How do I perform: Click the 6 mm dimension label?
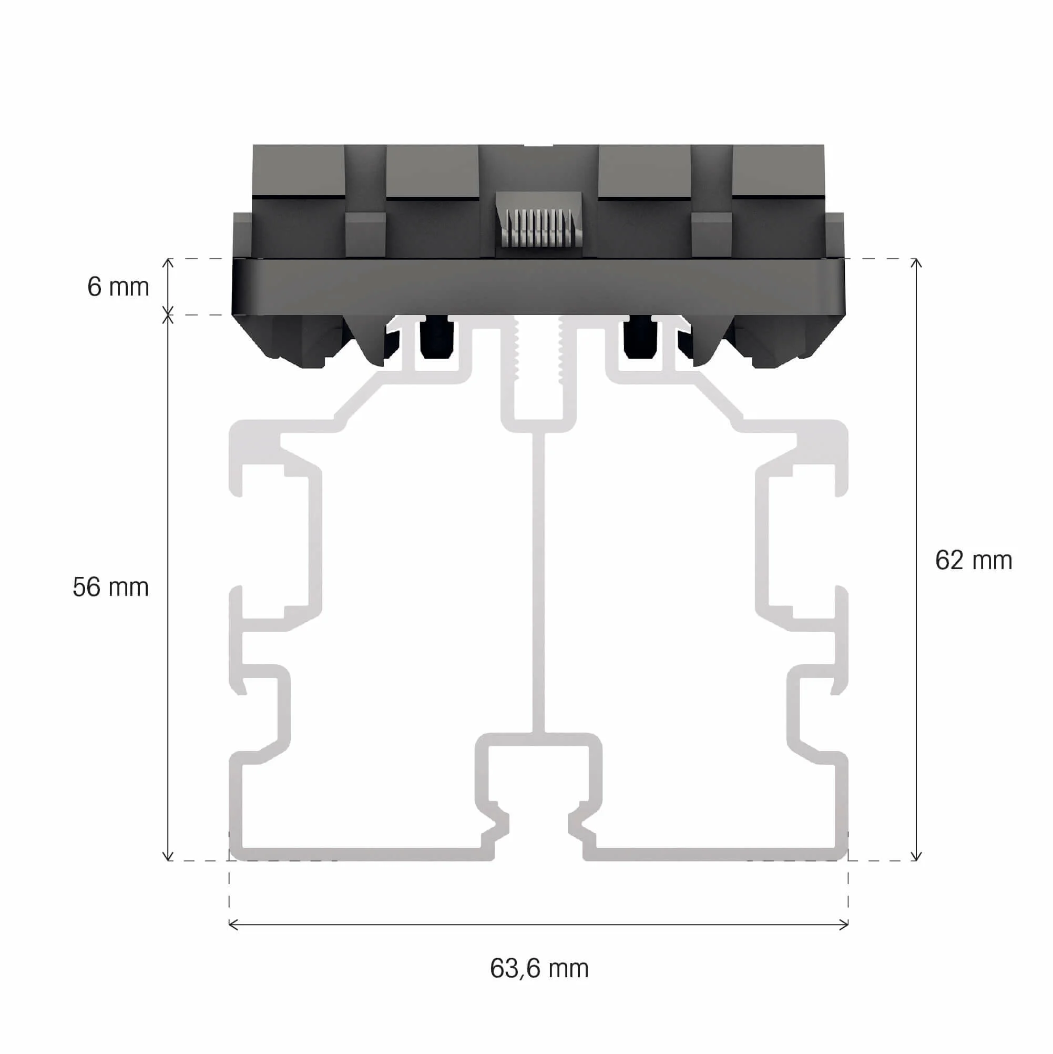click(x=118, y=287)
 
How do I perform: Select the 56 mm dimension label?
click(x=110, y=587)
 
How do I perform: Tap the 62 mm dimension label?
click(x=974, y=560)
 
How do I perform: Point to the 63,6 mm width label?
click(x=539, y=968)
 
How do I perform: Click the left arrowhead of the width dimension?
click(x=232, y=924)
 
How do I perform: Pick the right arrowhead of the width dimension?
click(x=845, y=924)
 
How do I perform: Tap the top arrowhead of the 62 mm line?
click(x=917, y=262)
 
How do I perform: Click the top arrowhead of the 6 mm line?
click(x=169, y=262)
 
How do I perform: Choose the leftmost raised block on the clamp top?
click(x=299, y=170)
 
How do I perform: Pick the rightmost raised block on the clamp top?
click(x=778, y=170)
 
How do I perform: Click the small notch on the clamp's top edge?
click(x=538, y=146)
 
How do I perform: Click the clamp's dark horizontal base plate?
click(x=539, y=287)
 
